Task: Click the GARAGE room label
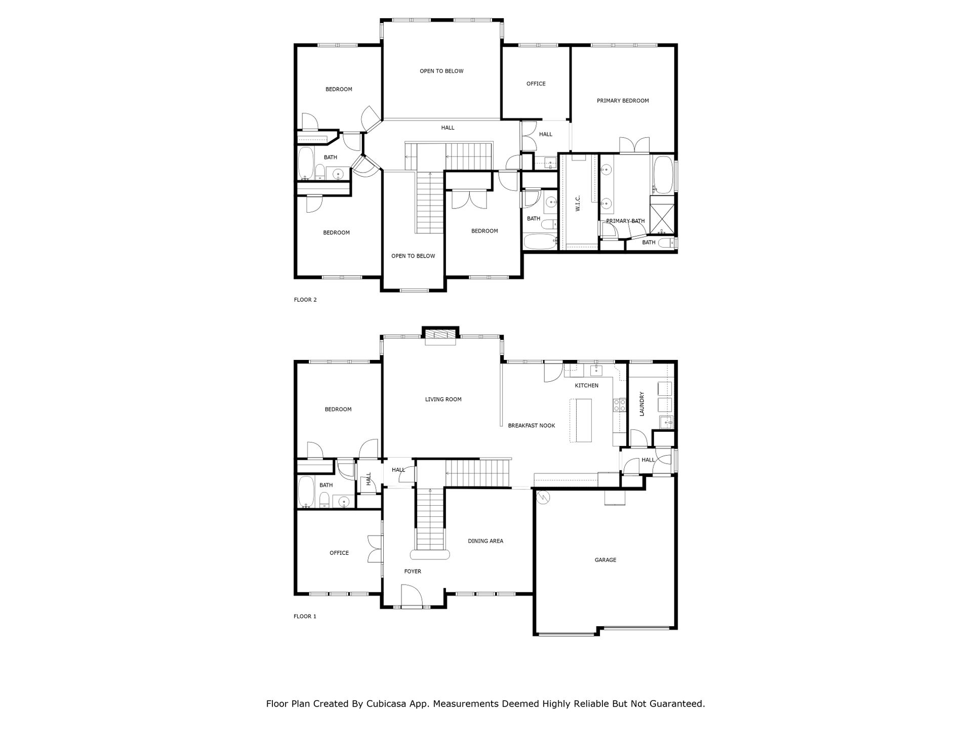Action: pos(605,560)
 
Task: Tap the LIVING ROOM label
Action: pos(443,399)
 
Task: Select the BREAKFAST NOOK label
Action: pos(532,426)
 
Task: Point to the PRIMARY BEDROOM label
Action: pos(623,101)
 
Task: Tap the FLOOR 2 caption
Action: pos(305,300)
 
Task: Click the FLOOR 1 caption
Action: pos(305,617)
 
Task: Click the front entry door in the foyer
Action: pos(411,595)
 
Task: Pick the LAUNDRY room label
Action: pos(642,403)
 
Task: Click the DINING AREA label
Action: pos(485,541)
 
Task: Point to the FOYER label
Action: pos(413,572)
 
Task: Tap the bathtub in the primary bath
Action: pos(663,175)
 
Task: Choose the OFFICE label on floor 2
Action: pos(536,84)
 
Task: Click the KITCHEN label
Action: pos(587,386)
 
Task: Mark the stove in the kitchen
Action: pos(618,405)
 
